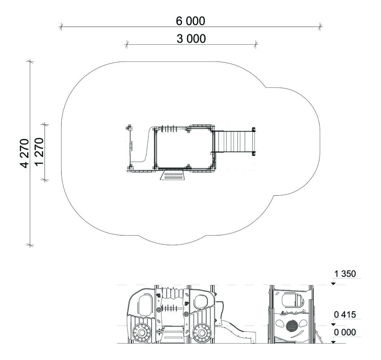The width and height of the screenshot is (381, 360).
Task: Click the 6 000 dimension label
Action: click(x=190, y=21)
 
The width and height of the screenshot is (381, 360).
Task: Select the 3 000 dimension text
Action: click(x=191, y=38)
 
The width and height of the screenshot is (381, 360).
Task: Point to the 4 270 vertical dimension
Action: click(x=24, y=153)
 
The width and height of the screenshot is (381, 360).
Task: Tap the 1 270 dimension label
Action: click(x=39, y=152)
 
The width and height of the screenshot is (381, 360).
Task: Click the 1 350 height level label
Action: click(x=345, y=274)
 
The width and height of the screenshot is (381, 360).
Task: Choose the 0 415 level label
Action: click(x=345, y=315)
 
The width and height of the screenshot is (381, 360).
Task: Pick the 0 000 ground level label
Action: click(x=345, y=332)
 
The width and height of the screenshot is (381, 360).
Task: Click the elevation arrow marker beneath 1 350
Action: click(x=334, y=283)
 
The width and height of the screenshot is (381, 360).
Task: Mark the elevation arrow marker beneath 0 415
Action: click(x=334, y=324)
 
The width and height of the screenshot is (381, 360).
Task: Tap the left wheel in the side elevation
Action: click(x=141, y=332)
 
